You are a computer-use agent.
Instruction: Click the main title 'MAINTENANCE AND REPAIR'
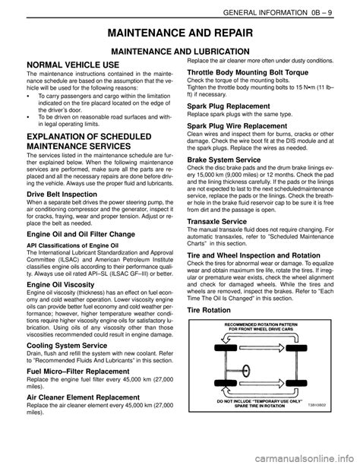[180, 33]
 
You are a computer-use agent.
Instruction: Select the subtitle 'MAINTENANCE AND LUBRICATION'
[180, 51]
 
